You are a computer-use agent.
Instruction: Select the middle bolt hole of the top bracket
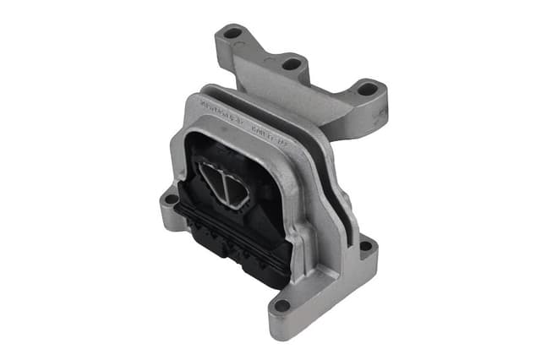[291, 63]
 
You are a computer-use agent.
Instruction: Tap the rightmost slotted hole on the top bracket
[367, 88]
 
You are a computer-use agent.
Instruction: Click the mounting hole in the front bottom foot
[282, 306]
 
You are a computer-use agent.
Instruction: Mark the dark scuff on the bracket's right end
[372, 118]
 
